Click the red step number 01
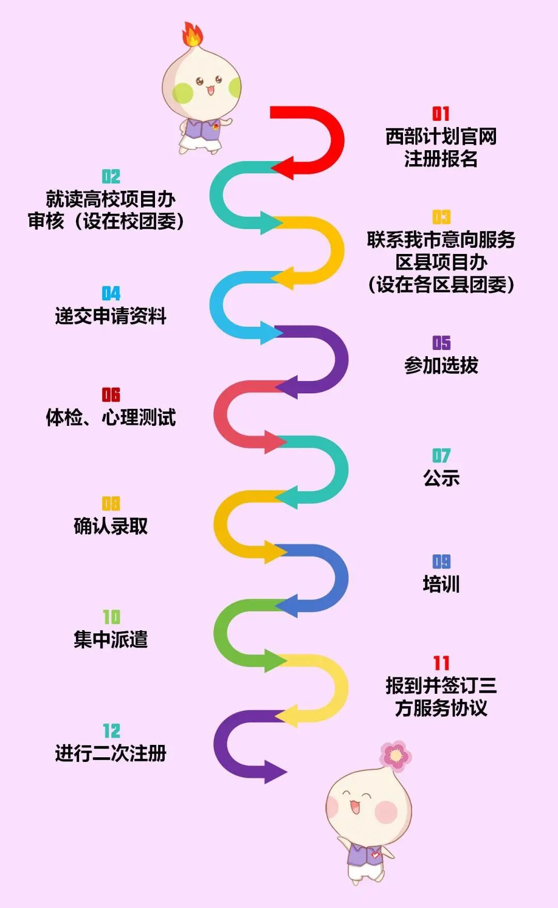click(441, 114)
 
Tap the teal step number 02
click(111, 177)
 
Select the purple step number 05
click(441, 343)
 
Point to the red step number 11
click(441, 663)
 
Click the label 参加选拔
click(441, 365)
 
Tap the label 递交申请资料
click(111, 316)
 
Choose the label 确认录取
click(111, 526)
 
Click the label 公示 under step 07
click(441, 479)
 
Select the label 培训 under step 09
click(441, 584)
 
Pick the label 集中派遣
click(111, 640)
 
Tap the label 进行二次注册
click(111, 753)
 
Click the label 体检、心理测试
click(111, 417)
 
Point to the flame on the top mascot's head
click(192, 35)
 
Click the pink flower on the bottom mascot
click(396, 756)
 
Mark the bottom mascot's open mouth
click(355, 807)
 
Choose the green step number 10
click(111, 617)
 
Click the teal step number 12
click(111, 731)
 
